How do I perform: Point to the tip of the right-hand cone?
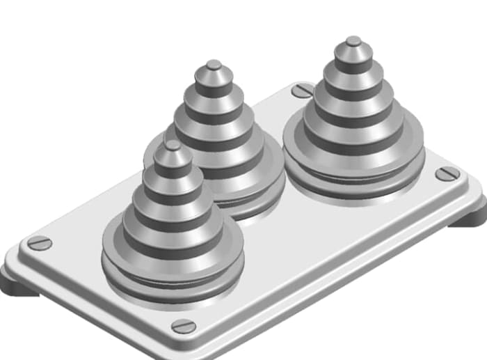click(x=353, y=42)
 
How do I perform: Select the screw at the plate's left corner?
click(x=40, y=243)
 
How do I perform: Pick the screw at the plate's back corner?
click(x=302, y=90)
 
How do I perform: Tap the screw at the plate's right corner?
click(x=447, y=173)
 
